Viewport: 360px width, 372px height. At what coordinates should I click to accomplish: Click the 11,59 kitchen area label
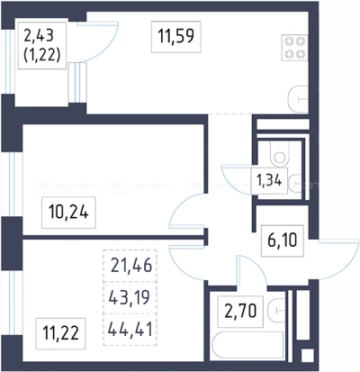175,36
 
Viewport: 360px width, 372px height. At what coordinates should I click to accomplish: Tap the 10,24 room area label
68,213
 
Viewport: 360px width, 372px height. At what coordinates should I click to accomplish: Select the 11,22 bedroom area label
60,333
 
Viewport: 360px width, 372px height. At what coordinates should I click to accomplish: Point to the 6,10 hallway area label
283,240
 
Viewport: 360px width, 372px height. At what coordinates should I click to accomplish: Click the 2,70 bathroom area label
241,311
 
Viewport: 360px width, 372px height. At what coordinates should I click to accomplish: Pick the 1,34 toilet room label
269,181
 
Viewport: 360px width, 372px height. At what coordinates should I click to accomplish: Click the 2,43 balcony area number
39,36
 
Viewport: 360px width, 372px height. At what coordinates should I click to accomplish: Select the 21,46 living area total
131,266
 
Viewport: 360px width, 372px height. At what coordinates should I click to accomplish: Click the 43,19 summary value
129,297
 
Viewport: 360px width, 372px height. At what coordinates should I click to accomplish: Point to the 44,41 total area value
130,329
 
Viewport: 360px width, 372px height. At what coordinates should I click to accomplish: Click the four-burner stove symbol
295,48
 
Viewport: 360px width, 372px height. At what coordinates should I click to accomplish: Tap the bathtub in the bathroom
247,345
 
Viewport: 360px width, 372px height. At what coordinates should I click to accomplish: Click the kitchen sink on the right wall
298,99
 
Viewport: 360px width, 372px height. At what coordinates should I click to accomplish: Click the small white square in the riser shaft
307,355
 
